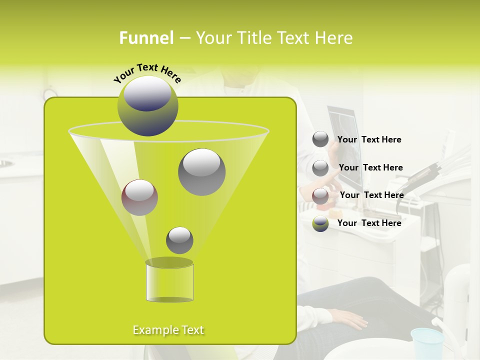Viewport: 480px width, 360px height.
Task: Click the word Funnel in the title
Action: pos(146,38)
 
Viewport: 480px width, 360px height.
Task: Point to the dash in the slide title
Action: pos(184,38)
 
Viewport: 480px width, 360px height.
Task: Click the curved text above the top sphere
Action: pos(147,72)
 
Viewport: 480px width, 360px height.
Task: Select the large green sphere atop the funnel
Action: pos(148,106)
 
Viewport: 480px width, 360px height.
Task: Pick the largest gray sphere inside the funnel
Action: pos(201,172)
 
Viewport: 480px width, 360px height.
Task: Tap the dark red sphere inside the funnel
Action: pos(139,197)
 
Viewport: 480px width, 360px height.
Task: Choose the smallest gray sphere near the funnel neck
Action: pos(179,240)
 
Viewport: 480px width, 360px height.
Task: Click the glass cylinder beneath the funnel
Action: pos(169,281)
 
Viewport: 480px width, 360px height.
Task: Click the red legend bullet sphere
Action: pos(320,195)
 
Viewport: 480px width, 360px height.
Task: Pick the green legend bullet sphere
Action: pos(320,223)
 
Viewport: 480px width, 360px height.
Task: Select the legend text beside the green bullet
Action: pos(369,223)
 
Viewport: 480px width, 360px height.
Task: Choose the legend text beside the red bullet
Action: pos(371,195)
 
